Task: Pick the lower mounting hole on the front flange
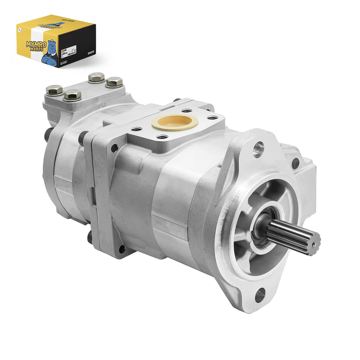click(260, 295)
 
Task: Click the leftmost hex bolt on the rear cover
click(54, 90)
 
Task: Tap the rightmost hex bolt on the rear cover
click(114, 81)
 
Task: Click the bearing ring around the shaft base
click(259, 230)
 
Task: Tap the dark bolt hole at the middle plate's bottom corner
click(121, 248)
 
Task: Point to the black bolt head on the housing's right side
click(295, 163)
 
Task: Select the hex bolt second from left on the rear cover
click(72, 94)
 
